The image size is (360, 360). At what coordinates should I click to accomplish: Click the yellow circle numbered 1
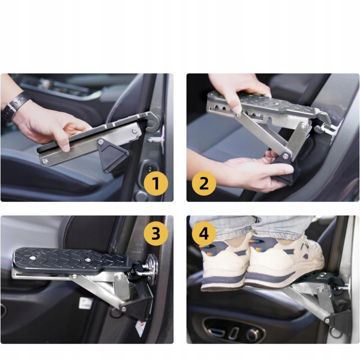click(x=156, y=183)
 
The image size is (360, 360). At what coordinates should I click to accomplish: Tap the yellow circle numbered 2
click(x=204, y=183)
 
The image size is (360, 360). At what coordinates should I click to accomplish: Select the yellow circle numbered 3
click(x=156, y=233)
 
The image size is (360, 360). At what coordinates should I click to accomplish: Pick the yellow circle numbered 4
click(x=204, y=233)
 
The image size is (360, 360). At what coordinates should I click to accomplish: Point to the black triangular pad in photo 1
click(x=112, y=154)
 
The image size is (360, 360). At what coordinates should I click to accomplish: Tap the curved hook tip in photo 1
click(x=152, y=124)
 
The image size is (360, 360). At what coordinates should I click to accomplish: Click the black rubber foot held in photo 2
click(x=284, y=170)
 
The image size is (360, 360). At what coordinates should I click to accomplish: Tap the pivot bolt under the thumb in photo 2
click(x=238, y=114)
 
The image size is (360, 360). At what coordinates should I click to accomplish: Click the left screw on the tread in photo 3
click(x=33, y=257)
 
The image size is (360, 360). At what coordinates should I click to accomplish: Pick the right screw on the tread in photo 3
click(x=87, y=259)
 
